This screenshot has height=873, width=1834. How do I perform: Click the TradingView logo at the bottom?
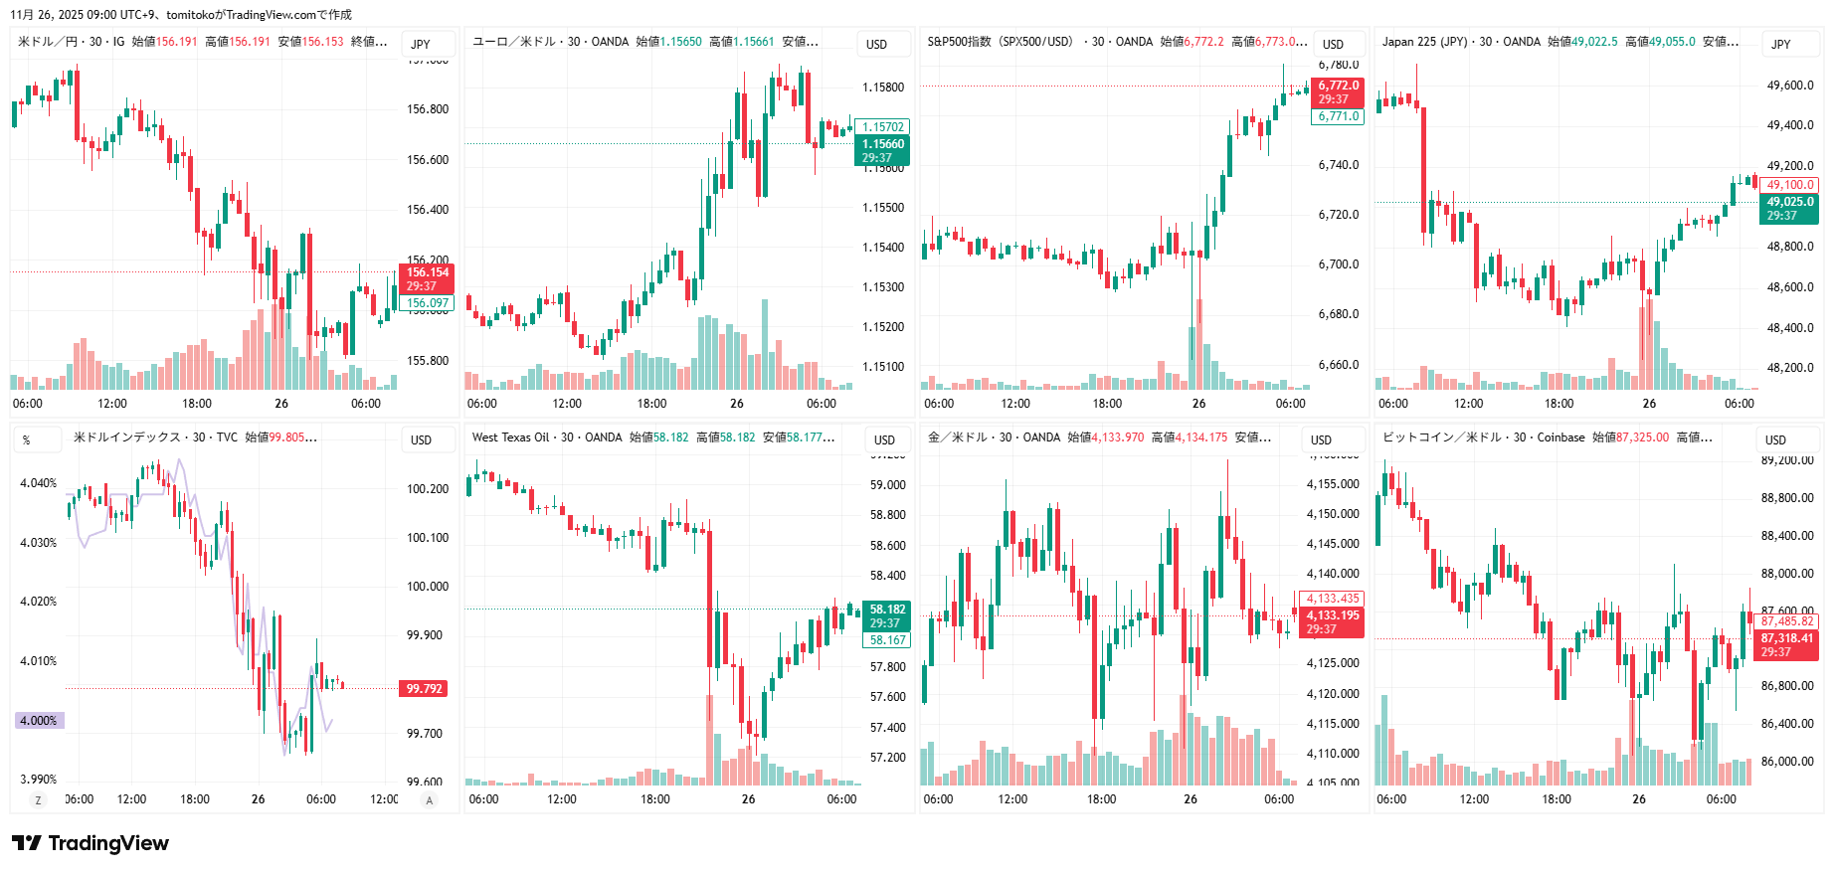[91, 843]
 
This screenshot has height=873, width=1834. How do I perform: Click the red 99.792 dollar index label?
[424, 688]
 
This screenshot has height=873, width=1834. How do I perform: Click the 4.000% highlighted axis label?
[39, 720]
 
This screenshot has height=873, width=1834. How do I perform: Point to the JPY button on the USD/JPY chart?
[421, 44]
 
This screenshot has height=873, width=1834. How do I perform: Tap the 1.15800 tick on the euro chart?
[883, 87]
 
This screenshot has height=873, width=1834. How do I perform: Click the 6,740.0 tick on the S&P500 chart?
[1339, 165]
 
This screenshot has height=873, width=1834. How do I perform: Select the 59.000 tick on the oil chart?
[887, 485]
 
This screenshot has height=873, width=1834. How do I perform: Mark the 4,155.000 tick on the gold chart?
[1333, 484]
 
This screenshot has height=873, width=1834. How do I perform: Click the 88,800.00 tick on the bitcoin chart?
[1786, 498]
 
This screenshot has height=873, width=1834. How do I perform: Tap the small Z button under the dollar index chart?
[39, 800]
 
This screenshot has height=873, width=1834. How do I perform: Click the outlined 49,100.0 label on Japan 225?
[1789, 185]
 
